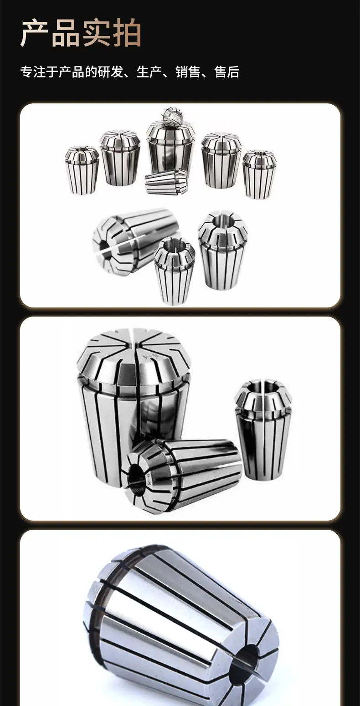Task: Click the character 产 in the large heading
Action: click(x=34, y=33)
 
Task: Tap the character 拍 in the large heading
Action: click(x=126, y=33)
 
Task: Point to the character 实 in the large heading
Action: click(x=96, y=33)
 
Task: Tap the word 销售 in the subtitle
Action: click(x=188, y=72)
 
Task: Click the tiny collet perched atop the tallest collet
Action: click(x=172, y=116)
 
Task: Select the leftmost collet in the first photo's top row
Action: click(x=82, y=170)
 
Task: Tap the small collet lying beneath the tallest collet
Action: click(x=166, y=182)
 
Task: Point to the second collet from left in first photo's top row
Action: click(x=120, y=158)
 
